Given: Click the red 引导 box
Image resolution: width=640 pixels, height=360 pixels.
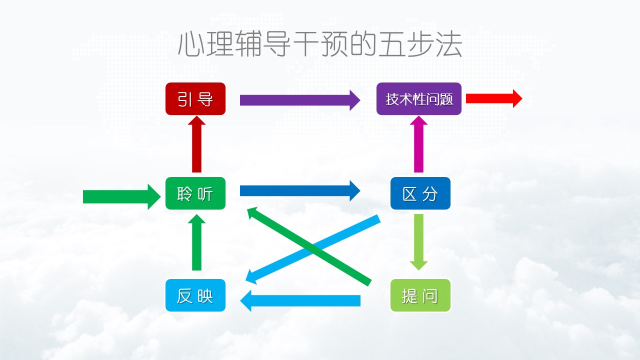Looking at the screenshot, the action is [x=195, y=99].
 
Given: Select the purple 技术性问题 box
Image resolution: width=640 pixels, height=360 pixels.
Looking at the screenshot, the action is [x=419, y=99].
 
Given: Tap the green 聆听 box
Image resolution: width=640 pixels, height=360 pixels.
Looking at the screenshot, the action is [x=195, y=193].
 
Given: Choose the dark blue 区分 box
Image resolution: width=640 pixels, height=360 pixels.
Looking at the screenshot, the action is [x=420, y=193].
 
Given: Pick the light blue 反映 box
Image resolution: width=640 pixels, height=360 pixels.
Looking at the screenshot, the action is [x=195, y=295].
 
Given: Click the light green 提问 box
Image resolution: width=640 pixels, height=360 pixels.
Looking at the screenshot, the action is [x=420, y=295].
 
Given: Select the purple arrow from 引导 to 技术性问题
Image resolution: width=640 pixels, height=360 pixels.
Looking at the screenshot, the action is [x=300, y=100].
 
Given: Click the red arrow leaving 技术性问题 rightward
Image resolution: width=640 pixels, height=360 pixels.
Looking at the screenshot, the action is [x=494, y=98].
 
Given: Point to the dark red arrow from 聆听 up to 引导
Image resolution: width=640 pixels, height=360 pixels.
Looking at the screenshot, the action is [x=196, y=144].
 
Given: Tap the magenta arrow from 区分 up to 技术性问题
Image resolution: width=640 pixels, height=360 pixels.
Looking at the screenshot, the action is [x=418, y=144].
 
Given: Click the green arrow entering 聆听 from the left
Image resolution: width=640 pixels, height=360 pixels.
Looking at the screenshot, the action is [x=121, y=197].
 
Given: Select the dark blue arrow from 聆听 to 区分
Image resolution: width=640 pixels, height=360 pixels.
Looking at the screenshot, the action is [x=300, y=190].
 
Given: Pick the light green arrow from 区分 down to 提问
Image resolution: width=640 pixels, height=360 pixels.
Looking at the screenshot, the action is [x=418, y=242].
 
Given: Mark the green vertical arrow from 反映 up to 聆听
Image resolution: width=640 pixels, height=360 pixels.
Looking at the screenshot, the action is [x=196, y=242].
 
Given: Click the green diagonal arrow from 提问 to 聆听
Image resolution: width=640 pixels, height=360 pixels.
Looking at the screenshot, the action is [x=309, y=246].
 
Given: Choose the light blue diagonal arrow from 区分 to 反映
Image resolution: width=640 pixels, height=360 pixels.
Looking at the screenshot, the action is [x=313, y=249].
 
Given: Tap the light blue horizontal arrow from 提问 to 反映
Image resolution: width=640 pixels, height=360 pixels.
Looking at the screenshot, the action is [x=300, y=300].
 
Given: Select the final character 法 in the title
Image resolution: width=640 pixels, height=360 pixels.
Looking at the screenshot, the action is [x=448, y=44].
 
